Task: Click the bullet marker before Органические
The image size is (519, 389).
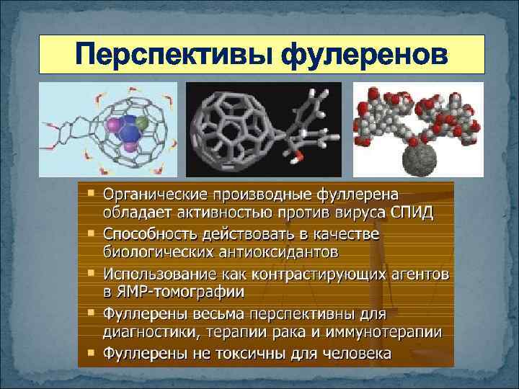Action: point(91,193)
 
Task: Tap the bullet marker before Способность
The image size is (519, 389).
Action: point(91,234)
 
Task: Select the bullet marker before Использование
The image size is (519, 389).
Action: point(91,274)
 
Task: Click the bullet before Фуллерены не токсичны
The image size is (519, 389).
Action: point(91,353)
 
